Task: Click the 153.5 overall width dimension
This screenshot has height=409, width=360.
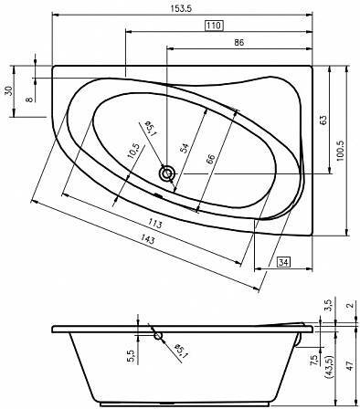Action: coord(181,8)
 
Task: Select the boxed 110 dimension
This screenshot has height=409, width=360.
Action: coord(214,26)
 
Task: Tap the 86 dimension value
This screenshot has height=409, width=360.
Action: coord(239,42)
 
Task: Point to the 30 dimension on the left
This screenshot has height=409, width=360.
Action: coord(9,91)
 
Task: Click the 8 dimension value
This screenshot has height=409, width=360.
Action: coord(29,100)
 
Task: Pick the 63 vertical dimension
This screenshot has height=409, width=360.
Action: coord(323,120)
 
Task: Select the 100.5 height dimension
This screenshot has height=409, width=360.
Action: coord(340,151)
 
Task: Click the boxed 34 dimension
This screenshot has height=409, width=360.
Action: coord(283,262)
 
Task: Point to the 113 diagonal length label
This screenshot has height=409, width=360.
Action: coord(155,224)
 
